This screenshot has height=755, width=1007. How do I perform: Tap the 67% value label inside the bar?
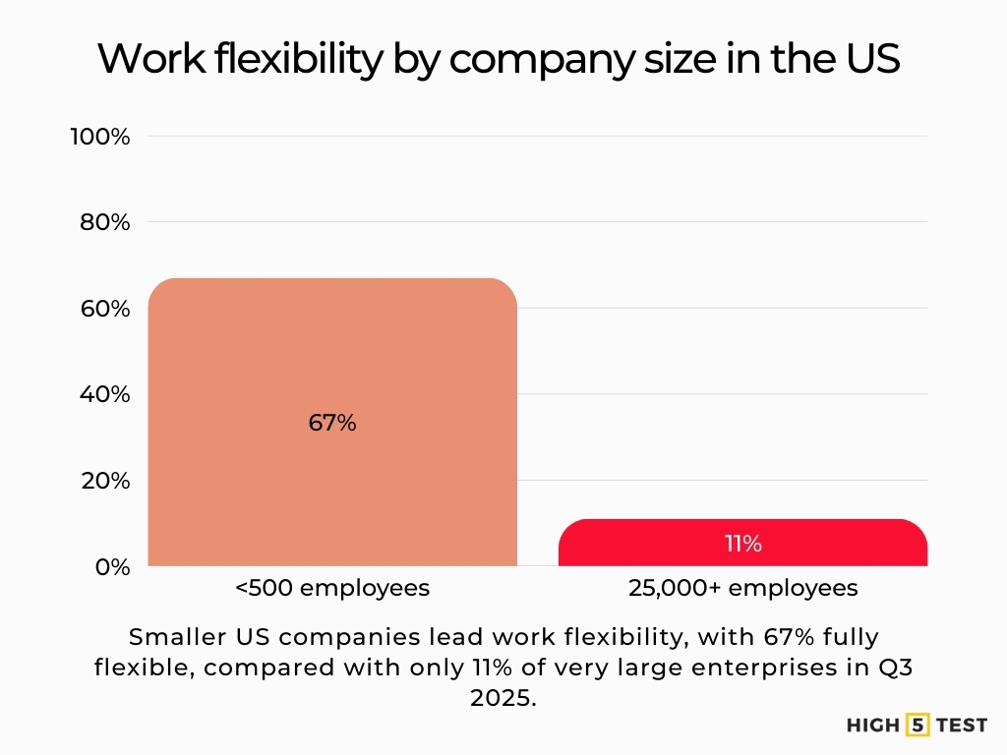coord(332,424)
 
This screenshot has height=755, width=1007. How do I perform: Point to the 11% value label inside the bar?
coord(743,544)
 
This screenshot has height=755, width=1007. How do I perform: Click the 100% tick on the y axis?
coord(100,137)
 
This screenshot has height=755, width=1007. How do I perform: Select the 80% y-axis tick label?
coord(104,223)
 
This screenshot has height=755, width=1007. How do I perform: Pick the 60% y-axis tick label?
coord(104,309)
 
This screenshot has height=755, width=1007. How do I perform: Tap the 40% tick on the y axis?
coord(104,395)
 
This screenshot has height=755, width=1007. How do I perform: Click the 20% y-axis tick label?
coord(104,481)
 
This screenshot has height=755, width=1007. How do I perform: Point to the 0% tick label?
coord(111,567)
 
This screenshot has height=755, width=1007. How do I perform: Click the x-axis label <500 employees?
coord(332,588)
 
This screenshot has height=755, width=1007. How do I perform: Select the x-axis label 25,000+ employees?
coord(742,588)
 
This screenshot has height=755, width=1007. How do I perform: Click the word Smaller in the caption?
coord(178,635)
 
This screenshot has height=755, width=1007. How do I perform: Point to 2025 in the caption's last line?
coord(503,698)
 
